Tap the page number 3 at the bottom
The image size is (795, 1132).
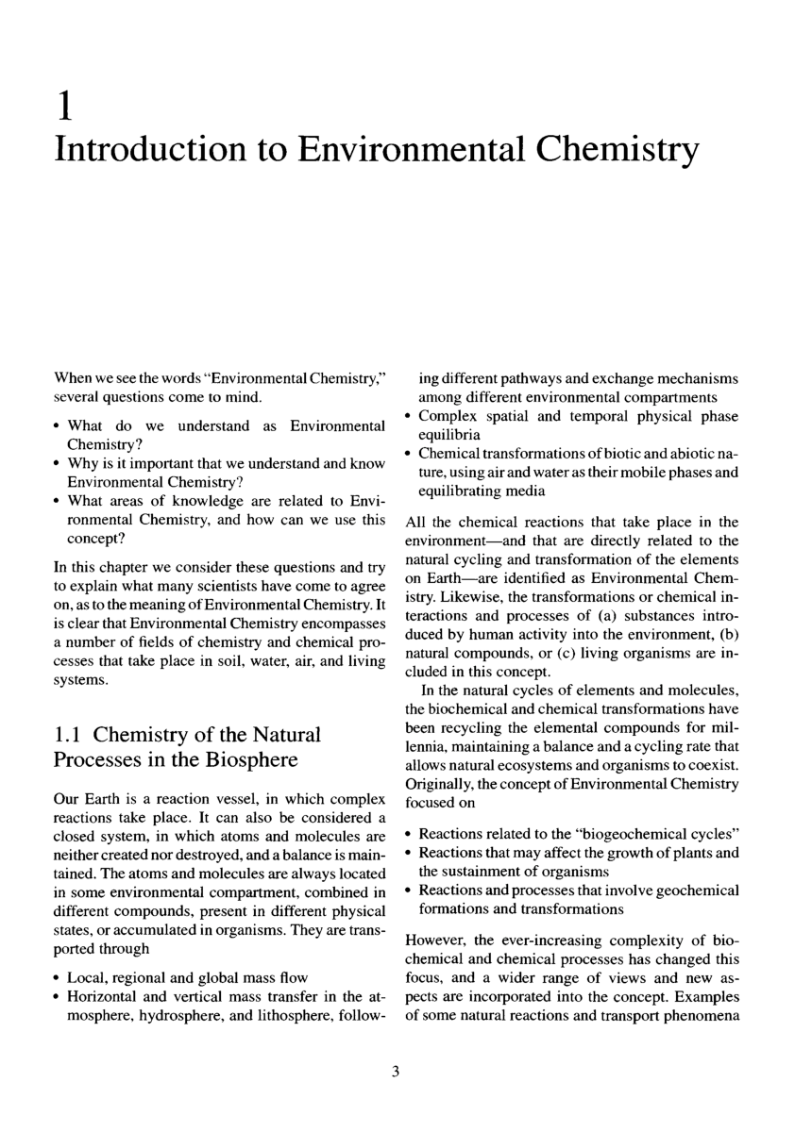tap(397, 1071)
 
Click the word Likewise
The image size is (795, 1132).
tap(453, 599)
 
